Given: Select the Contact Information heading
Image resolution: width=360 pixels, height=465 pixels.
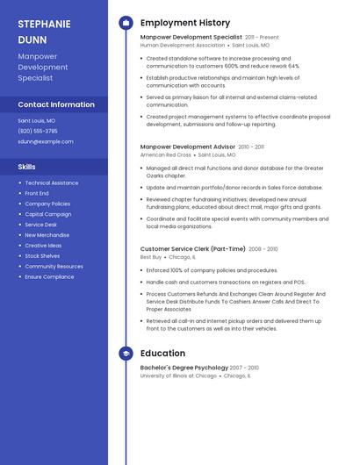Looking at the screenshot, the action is (x=56, y=104).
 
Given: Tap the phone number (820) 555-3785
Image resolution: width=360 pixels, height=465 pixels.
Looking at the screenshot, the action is (x=38, y=131).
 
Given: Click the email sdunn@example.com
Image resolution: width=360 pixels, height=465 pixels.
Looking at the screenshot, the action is (x=46, y=141).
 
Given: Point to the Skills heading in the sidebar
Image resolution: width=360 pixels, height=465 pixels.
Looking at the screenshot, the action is (x=27, y=166).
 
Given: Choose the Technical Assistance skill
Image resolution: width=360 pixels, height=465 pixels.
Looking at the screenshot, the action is (x=51, y=182).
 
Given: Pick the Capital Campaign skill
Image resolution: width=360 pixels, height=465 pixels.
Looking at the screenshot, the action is (x=47, y=214).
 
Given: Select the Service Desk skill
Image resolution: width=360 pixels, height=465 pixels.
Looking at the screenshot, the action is (x=41, y=225).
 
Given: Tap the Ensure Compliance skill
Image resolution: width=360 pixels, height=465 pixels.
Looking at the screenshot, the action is (x=49, y=276).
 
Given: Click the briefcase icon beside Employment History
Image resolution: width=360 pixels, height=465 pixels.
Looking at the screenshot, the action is (x=126, y=23).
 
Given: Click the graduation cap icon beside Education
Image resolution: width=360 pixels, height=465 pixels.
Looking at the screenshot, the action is (x=126, y=354).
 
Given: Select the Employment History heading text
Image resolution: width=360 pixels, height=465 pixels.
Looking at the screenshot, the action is (x=185, y=23).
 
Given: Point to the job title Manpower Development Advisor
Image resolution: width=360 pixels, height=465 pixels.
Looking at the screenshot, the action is (x=188, y=147).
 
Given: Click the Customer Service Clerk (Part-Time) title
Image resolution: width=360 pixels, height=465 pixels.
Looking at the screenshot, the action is (x=192, y=249).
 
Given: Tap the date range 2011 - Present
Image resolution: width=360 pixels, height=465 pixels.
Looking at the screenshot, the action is (x=262, y=38).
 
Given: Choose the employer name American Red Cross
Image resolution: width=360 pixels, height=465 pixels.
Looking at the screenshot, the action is (x=166, y=154).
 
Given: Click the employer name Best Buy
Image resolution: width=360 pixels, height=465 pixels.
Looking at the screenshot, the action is (x=151, y=257).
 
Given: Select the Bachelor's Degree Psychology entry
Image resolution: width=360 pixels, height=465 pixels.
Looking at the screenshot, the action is (x=184, y=368).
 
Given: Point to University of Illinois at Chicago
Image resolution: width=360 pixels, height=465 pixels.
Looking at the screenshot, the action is (x=178, y=376).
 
